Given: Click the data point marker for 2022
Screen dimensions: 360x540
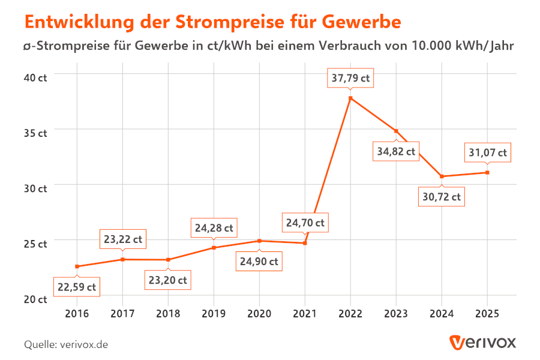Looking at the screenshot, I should point(350,98).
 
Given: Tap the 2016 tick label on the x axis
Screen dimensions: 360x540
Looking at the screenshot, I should point(77,313).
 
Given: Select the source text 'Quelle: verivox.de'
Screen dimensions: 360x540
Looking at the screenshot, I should point(66,344).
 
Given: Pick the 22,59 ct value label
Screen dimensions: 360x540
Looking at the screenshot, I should point(77,287).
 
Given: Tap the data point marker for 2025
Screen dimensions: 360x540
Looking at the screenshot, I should point(487,173).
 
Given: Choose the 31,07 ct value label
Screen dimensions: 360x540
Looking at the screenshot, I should point(487,152).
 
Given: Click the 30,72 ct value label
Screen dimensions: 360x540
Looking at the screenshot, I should point(442,196).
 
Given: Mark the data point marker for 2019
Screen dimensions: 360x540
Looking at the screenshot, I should point(214,248).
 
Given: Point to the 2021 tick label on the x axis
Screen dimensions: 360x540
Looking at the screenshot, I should point(305,313).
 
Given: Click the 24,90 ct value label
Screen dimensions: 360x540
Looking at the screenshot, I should point(259,262).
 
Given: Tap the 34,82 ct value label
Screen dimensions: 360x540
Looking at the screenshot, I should point(396,151).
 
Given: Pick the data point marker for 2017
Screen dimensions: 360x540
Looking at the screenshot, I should point(122,259).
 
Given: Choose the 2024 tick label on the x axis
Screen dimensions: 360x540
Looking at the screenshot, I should point(442,313).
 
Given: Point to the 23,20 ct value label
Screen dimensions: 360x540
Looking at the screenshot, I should point(168,280).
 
